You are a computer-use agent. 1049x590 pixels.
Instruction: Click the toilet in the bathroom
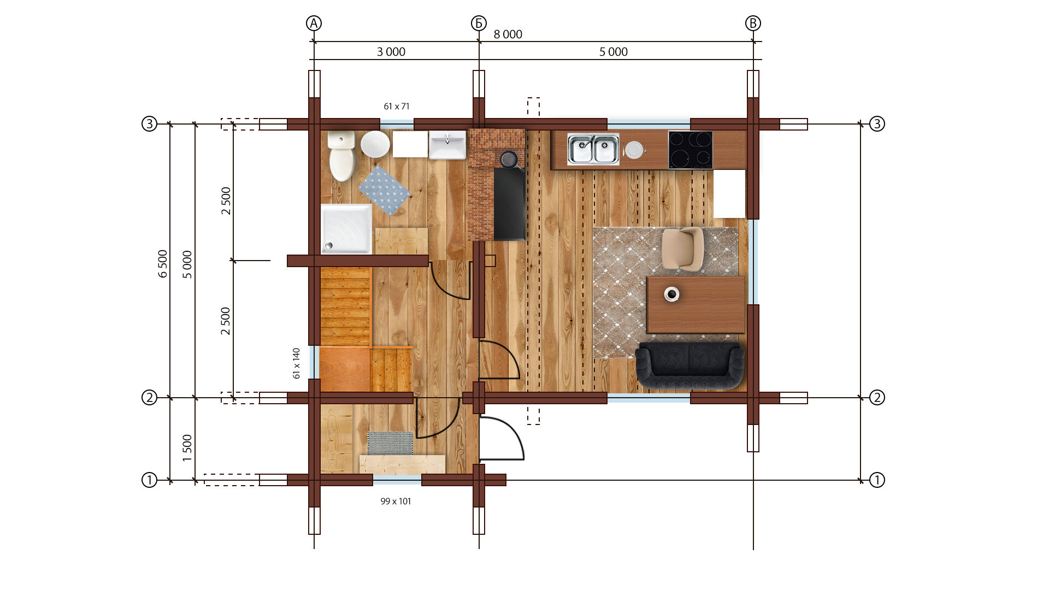point(341,155)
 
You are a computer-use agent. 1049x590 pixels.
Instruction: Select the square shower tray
point(346,229)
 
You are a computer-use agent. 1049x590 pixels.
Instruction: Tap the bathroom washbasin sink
point(447,145)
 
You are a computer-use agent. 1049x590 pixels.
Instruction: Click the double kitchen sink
point(593,149)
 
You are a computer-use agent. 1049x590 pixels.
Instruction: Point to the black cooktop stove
point(691,150)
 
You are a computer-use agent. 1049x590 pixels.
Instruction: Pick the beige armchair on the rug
point(682,249)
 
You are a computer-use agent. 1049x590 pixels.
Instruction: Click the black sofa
point(690,365)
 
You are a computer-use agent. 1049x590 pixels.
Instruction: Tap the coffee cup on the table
point(671,294)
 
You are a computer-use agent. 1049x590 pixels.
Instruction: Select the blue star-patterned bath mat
point(384,190)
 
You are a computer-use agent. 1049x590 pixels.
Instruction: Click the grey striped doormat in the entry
point(390,443)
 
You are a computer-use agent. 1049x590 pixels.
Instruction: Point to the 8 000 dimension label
point(508,34)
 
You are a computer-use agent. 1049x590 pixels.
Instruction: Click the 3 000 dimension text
point(391,52)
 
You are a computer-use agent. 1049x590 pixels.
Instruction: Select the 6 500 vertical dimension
point(163,264)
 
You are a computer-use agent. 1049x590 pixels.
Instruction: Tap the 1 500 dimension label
point(187,448)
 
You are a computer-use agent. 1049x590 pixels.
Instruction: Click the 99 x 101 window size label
point(396,501)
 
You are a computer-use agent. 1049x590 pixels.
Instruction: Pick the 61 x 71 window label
point(397,107)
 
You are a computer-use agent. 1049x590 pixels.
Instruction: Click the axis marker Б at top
point(479,23)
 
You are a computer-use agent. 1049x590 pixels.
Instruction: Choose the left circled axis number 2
point(149,397)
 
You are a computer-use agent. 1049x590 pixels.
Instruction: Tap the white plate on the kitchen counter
point(634,150)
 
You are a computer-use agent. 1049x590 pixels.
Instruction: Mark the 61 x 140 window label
point(296,363)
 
